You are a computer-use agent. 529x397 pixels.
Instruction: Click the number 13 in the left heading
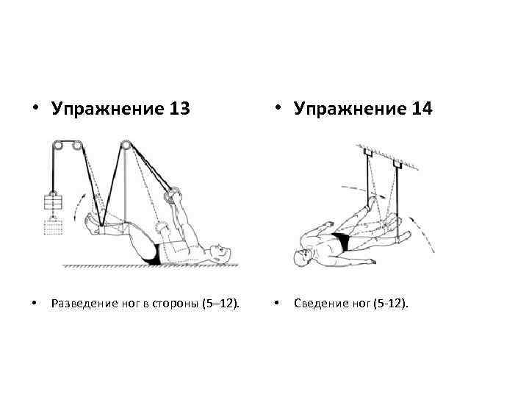(179, 109)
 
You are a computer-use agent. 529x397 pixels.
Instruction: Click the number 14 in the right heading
(422, 109)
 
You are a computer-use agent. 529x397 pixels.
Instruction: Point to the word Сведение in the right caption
(317, 303)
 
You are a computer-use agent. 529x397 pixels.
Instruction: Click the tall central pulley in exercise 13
(126, 146)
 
